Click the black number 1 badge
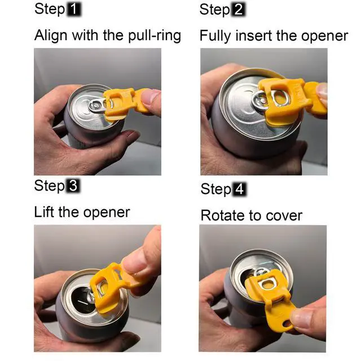[x=74, y=10]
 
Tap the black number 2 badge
[x=238, y=10]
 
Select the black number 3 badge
[x=73, y=186]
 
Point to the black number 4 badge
[x=239, y=190]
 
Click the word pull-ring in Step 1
[x=154, y=36]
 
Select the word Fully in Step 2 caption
[x=215, y=36]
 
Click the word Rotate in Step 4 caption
[x=222, y=215]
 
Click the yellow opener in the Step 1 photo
[x=124, y=104]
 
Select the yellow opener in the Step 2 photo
[x=290, y=102]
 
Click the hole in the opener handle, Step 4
[x=288, y=323]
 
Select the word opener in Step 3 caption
[x=107, y=213]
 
